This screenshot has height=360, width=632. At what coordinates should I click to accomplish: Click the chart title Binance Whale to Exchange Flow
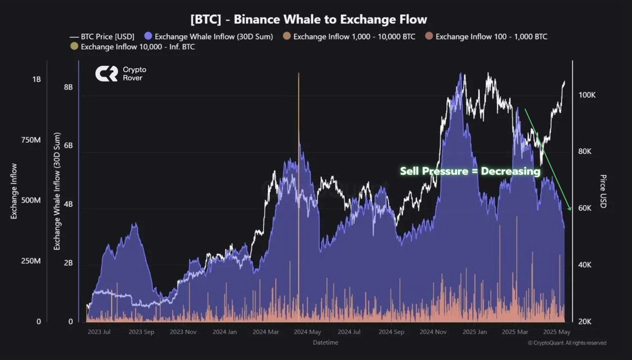(x=309, y=19)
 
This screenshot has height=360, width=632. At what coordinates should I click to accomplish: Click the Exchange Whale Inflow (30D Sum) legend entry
(x=209, y=37)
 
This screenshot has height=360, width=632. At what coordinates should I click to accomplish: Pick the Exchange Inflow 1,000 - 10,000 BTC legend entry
(x=349, y=37)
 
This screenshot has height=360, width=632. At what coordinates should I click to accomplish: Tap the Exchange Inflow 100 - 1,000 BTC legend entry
(x=487, y=37)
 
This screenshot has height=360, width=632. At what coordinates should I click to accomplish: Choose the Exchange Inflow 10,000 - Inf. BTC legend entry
(x=132, y=47)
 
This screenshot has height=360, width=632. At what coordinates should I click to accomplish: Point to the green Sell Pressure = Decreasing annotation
(x=470, y=171)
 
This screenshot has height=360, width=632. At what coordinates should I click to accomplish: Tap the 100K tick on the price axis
(x=587, y=95)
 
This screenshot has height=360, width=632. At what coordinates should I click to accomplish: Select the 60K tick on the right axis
(x=585, y=208)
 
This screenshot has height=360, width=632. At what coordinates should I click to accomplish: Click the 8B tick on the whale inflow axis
(x=68, y=87)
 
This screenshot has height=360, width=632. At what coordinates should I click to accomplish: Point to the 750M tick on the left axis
(x=29, y=141)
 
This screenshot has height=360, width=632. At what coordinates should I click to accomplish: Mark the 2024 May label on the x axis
(x=307, y=332)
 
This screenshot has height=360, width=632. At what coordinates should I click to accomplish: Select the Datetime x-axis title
(x=325, y=343)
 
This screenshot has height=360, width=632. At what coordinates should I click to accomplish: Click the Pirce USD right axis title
(x=604, y=191)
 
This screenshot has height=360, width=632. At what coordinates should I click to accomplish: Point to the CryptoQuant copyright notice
(x=567, y=343)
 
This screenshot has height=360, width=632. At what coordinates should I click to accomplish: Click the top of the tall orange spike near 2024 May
(x=299, y=74)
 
